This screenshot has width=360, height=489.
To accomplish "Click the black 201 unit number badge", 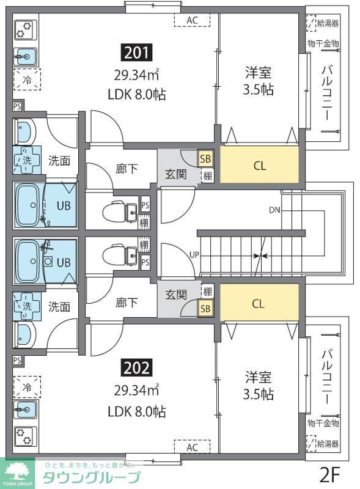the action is [x=137, y=53].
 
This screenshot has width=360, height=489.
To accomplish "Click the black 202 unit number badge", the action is [x=137, y=368].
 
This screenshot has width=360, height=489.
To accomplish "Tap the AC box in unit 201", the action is [x=192, y=20].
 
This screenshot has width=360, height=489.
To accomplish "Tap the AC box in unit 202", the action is [x=192, y=447].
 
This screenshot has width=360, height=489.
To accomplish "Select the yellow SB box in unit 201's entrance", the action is [x=205, y=159].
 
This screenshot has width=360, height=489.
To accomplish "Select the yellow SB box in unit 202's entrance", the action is [x=205, y=309].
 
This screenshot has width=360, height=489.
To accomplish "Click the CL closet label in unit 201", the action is [x=260, y=165].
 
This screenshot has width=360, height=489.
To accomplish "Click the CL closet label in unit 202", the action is [x=258, y=303].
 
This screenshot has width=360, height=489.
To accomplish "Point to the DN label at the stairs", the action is [x=274, y=210].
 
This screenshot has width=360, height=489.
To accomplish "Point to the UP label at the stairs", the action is [x=194, y=255].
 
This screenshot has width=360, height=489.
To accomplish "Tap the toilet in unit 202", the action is [x=120, y=254].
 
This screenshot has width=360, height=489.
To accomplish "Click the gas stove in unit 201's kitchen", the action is [x=26, y=29].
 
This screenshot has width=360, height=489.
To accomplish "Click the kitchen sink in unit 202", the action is [x=26, y=409].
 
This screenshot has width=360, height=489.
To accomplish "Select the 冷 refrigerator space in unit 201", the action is [x=27, y=80].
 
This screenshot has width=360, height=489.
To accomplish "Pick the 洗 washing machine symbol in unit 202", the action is [x=27, y=307].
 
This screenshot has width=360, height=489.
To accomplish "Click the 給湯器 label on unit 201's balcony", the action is [x=328, y=23].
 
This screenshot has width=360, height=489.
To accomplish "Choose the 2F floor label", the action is [x=329, y=474].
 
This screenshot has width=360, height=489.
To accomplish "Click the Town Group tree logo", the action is [x=17, y=473].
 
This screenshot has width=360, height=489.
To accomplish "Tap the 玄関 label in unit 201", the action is [x=176, y=174].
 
